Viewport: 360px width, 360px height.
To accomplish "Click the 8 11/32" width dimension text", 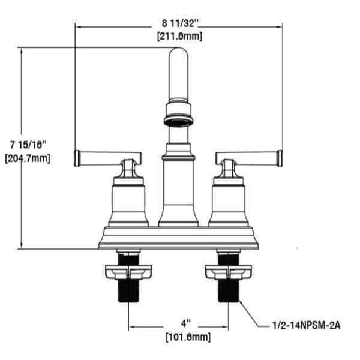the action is pos(180,23).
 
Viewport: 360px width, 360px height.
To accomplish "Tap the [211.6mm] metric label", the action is pos(180,36).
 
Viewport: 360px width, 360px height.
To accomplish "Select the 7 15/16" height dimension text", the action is pos(28,145).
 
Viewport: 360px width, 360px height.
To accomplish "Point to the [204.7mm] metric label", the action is pos(28,158).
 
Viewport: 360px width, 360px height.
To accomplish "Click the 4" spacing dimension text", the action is pos(186,324).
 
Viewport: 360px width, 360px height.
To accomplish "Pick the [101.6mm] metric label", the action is pos(188,337).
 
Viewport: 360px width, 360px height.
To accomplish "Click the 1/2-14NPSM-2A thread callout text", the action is pos(307,325).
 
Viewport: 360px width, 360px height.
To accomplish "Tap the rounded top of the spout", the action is pos(178,52).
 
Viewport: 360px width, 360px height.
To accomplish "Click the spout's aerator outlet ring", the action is pos(179,121).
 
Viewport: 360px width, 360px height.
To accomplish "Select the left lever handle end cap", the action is pos(77,158).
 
